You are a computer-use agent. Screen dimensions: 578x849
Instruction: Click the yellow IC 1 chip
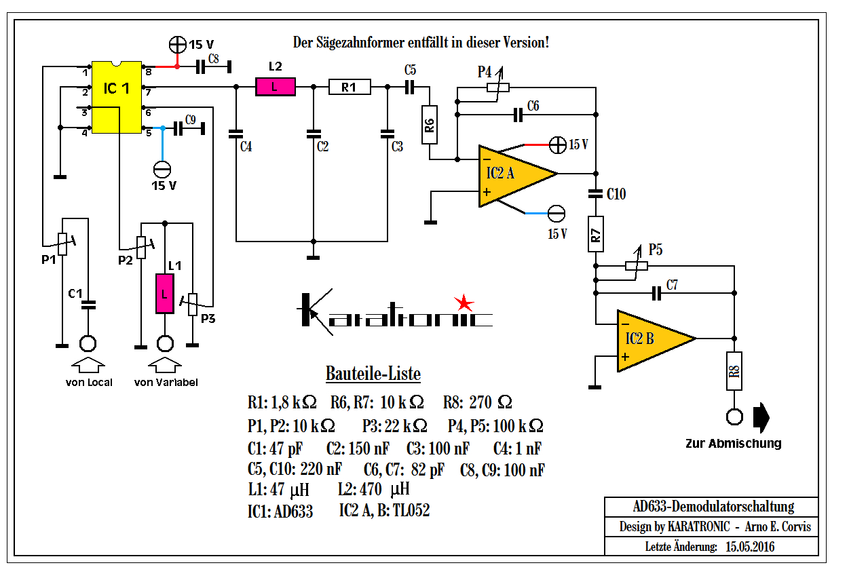pos(117,97)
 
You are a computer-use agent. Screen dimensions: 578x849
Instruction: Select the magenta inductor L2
pos(275,87)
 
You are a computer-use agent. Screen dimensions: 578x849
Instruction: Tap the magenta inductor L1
pos(164,293)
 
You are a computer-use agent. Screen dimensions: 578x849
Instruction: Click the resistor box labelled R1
pos(348,87)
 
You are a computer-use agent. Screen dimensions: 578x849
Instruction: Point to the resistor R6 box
pos(430,125)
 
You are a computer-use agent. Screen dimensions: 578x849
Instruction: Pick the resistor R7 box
pos(596,234)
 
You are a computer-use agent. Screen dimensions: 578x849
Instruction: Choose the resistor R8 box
pos(734,370)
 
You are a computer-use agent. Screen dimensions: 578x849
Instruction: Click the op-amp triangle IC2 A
pos(514,173)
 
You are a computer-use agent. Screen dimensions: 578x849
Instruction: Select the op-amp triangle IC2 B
pos(650,339)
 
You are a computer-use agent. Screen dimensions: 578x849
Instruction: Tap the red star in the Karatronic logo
pos(464,302)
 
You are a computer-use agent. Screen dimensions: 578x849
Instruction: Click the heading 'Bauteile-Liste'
pos(373,374)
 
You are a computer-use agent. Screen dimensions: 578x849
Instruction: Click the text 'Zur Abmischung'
pos(733,444)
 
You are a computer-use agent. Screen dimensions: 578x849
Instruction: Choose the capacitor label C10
pos(616,194)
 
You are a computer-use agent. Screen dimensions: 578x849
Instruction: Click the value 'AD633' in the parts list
pos(293,512)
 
